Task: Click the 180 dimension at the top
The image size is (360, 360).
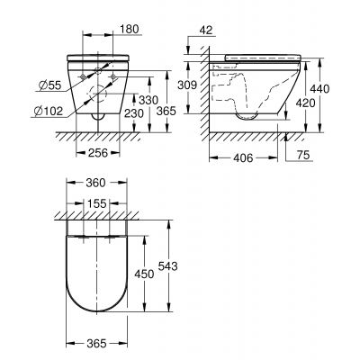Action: [130, 29]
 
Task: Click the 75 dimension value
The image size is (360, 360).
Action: [303, 157]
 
